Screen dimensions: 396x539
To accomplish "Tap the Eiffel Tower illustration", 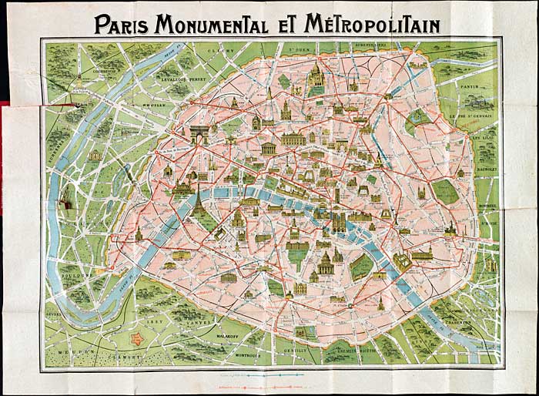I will [198, 199].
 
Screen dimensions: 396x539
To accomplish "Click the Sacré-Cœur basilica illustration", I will [315, 76].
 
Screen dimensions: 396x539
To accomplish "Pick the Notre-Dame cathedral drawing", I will [340, 222].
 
